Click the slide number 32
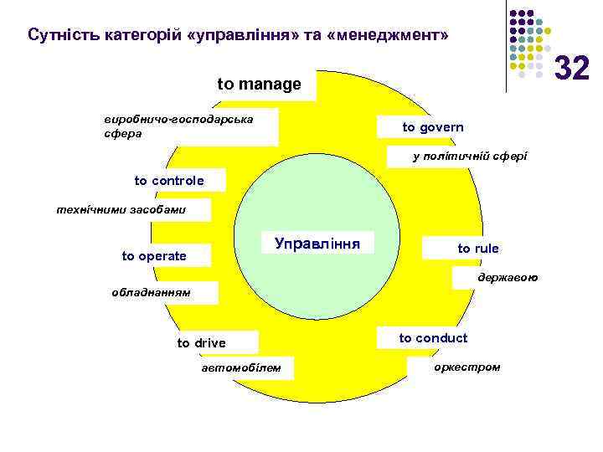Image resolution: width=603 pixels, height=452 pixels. (x=573, y=66)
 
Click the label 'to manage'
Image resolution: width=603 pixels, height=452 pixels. (x=259, y=85)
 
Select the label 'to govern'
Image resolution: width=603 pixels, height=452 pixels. (x=432, y=127)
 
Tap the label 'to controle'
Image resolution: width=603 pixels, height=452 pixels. (x=169, y=181)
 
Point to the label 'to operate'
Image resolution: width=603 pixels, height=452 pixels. (x=154, y=256)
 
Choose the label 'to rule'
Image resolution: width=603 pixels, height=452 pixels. (x=478, y=249)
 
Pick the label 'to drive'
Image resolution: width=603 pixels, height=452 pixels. (x=201, y=343)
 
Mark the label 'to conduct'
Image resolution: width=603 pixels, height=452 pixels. (x=433, y=338)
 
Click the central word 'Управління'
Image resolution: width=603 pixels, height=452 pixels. (x=317, y=244)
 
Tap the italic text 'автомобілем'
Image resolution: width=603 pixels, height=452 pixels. (x=243, y=368)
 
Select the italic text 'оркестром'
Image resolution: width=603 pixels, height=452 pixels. (x=467, y=367)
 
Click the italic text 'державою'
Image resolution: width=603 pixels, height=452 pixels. (x=508, y=276)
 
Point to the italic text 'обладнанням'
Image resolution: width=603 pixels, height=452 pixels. (x=152, y=293)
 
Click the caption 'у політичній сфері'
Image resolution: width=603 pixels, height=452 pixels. (x=470, y=157)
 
